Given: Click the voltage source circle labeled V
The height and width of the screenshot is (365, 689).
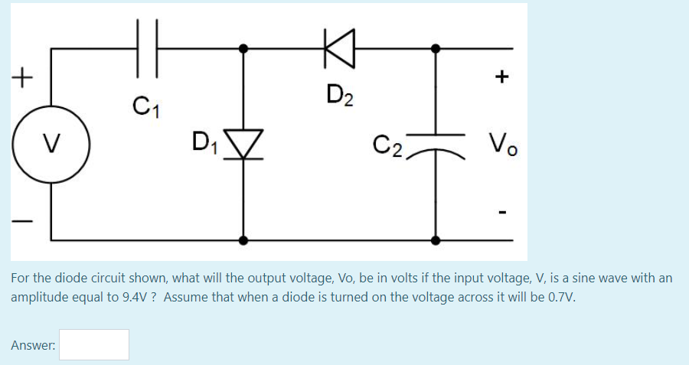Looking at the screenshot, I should coord(51,142).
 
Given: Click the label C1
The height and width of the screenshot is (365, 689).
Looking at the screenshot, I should coord(142,103).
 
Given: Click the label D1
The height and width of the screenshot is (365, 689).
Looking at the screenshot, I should coord(204,142).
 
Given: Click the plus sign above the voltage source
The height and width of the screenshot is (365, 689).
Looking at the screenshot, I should coord(24,77).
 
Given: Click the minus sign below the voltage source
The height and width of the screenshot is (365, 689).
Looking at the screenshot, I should coord(24,222).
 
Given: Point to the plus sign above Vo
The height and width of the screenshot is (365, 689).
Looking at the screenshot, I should coord(502,77).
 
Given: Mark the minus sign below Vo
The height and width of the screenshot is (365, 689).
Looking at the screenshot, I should coord(502,207).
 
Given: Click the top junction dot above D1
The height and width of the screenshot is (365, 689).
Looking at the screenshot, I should coord(244,47).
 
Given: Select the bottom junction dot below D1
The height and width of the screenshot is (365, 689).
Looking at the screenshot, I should coord(244,240).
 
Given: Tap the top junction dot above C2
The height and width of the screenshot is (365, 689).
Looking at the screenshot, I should coord(436,47).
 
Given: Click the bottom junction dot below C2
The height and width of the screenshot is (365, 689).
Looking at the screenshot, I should coord(436,240).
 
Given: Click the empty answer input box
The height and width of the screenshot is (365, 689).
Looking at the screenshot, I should coord(95,345).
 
